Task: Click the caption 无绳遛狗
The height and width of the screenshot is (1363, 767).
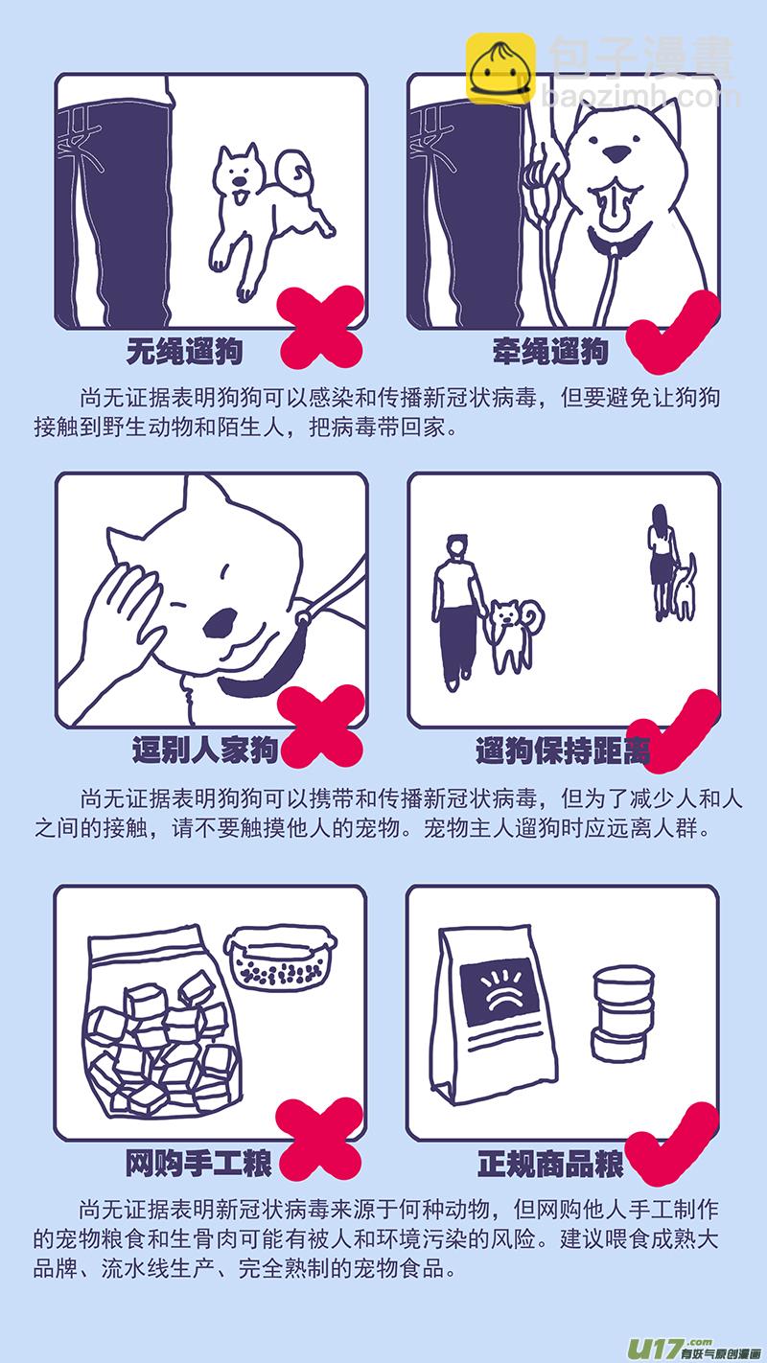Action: point(184,352)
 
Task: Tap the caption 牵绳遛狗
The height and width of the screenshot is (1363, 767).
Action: point(551,352)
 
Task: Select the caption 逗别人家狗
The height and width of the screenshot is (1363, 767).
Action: point(205,749)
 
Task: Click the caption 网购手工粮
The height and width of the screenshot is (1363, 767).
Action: point(198,1164)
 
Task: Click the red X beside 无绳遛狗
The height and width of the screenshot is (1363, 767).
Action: point(321,327)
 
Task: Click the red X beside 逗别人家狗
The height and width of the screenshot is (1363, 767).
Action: point(321,726)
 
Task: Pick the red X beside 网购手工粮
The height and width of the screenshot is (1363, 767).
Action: point(319,1140)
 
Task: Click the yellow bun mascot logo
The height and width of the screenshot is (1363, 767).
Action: point(500,68)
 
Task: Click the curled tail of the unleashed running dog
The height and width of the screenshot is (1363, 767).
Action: point(294,173)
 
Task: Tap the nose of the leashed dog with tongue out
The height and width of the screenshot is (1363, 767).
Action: point(617,154)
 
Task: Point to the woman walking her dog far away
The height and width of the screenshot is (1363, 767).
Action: point(662,560)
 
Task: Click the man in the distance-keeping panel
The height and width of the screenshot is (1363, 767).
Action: point(455,612)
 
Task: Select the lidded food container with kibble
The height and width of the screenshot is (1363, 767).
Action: point(280,958)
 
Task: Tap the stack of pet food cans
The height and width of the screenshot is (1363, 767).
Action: point(622,1014)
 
